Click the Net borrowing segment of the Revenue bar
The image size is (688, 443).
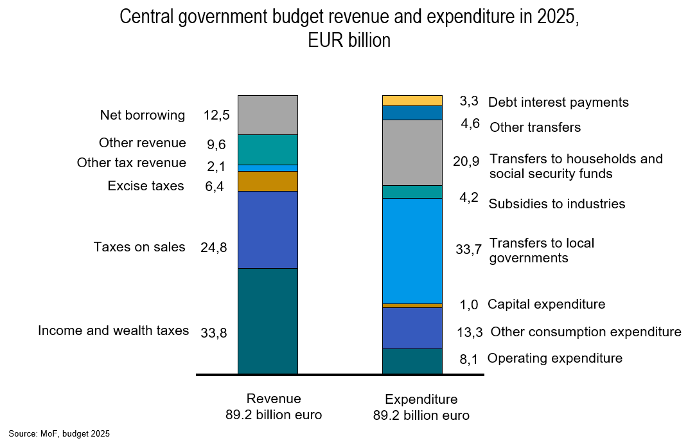point(267,114)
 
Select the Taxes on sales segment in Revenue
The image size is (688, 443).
point(267,229)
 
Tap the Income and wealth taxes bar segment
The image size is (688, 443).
point(267,320)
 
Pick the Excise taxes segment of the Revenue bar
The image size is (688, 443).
point(267,181)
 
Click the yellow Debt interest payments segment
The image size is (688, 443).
point(412,100)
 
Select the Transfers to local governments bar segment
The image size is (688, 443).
point(412,250)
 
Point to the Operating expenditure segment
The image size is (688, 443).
point(412,361)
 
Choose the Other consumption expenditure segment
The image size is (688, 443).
point(412,328)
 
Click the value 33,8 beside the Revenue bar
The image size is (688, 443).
point(214,333)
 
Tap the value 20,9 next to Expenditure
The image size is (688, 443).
point(466,162)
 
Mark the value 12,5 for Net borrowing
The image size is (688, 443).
point(216,116)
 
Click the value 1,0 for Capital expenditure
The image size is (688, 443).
point(469,305)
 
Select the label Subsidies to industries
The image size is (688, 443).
point(557,204)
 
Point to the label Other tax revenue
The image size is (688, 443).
point(131,163)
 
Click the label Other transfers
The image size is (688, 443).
point(535,127)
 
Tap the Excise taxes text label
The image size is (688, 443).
point(146,186)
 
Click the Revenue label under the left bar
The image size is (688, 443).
point(274,399)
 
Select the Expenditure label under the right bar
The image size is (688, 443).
point(421,399)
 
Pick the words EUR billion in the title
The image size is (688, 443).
point(349,41)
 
